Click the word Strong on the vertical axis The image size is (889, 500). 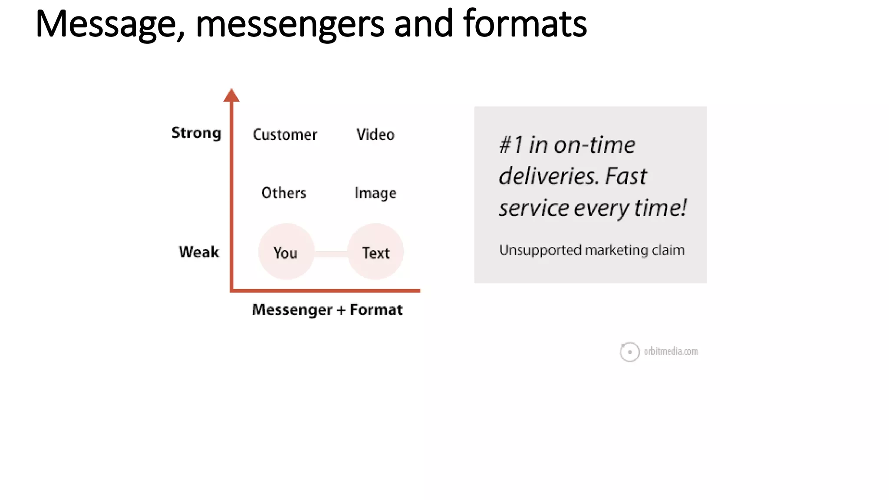pyautogui.click(x=196, y=133)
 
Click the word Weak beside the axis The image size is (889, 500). pyautogui.click(x=199, y=252)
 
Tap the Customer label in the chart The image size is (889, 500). pyautogui.click(x=285, y=135)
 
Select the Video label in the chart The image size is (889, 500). pyautogui.click(x=375, y=135)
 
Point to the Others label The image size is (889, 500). pyautogui.click(x=284, y=193)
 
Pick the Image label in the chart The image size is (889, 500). pyautogui.click(x=375, y=193)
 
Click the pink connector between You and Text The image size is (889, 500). pyautogui.click(x=331, y=254)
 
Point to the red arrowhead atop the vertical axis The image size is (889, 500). pyautogui.click(x=231, y=95)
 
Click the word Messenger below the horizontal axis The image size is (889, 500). pyautogui.click(x=292, y=310)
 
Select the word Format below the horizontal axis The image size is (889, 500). pyautogui.click(x=376, y=310)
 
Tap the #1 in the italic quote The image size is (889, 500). pyautogui.click(x=511, y=145)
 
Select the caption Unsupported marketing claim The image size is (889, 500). pyautogui.click(x=592, y=250)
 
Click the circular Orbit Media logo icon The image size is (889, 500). pyautogui.click(x=629, y=352)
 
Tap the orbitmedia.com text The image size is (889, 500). pyautogui.click(x=671, y=352)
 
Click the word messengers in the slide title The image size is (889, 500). pyautogui.click(x=290, y=25)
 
